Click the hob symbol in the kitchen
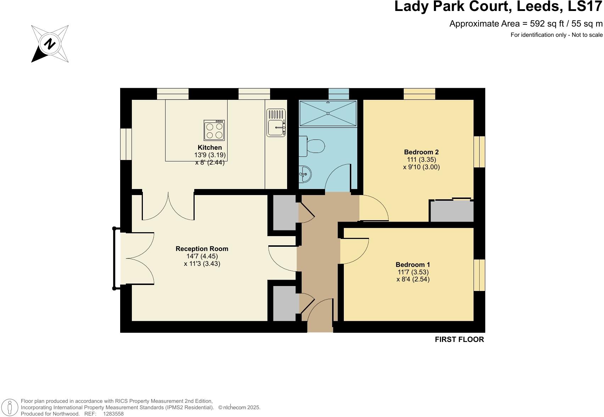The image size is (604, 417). tap(214, 130)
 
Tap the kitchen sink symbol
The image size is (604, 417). tap(276, 123)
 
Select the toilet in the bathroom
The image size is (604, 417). tap(312, 146)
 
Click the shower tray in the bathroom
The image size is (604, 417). tap(328, 113)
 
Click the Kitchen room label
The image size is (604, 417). tap(210, 148)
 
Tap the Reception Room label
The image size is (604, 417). tap(202, 249)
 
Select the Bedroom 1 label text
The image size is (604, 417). tap(413, 265)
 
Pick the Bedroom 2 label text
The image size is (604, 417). tap(421, 152)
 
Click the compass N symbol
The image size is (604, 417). tap(50, 44)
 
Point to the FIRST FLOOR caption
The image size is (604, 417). tap(459, 339)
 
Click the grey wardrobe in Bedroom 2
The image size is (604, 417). tap(452, 211)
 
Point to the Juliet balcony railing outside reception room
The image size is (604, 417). tap(114, 258)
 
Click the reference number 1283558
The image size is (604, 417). tap(113, 413)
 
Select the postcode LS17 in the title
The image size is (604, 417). tap(586, 6)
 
